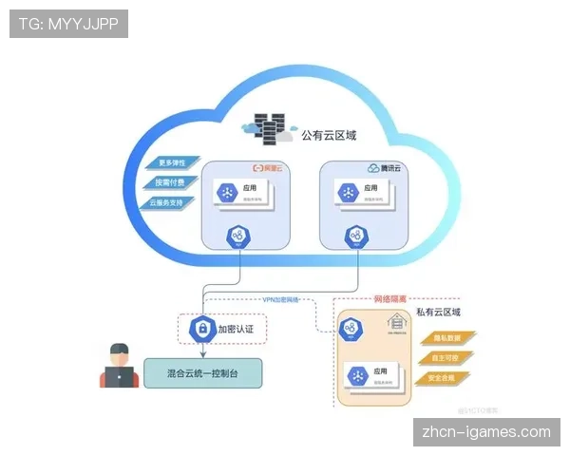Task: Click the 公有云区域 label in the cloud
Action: point(329,136)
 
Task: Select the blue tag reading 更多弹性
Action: point(171,161)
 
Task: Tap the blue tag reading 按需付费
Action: point(171,181)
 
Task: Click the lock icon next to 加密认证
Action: point(200,329)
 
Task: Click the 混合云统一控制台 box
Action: point(202,371)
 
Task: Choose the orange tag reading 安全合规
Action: point(443,378)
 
